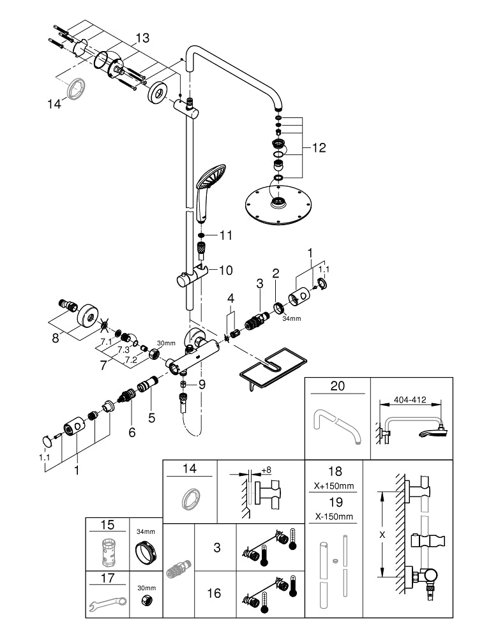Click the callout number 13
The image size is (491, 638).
pyautogui.click(x=142, y=38)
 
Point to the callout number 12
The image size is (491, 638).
pyautogui.click(x=319, y=148)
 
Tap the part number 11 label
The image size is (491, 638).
pyautogui.click(x=226, y=235)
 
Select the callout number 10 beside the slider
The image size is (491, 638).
pyautogui.click(x=226, y=271)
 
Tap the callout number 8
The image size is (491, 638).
pyautogui.click(x=56, y=338)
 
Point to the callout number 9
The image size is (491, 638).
pyautogui.click(x=202, y=384)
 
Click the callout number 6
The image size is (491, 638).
pyautogui.click(x=132, y=432)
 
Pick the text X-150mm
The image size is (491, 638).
pyautogui.click(x=335, y=515)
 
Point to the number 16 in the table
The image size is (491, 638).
pyautogui.click(x=214, y=593)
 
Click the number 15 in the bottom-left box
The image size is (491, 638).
pyautogui.click(x=107, y=524)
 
